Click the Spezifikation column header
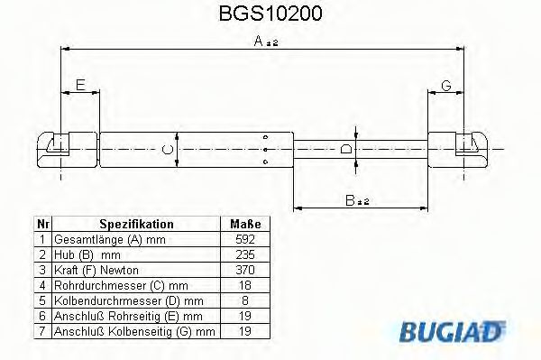click(x=136, y=224)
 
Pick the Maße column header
click(x=245, y=224)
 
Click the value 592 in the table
click(x=245, y=239)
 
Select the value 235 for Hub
click(x=245, y=254)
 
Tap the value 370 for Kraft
click(x=245, y=270)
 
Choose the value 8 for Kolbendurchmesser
click(x=245, y=300)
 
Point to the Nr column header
click(x=41, y=224)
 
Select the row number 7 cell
click(x=41, y=331)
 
